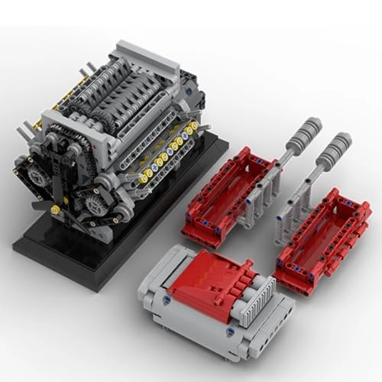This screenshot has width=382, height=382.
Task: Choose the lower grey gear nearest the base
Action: [x=97, y=205]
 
